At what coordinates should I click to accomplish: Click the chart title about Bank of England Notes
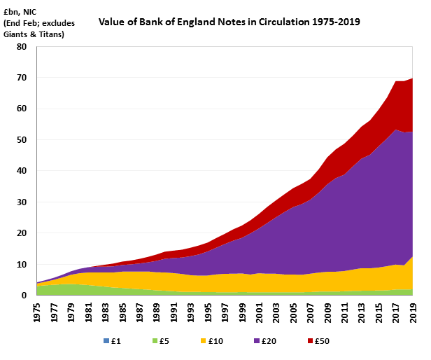click(229, 22)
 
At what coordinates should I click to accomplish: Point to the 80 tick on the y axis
click(22, 47)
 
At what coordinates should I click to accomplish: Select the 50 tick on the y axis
click(22, 140)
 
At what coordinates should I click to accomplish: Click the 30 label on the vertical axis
click(22, 202)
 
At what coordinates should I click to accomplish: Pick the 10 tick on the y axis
click(22, 264)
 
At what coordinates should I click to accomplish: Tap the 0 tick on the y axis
click(24, 295)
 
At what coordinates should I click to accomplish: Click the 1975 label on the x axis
click(36, 310)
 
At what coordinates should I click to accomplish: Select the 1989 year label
click(156, 310)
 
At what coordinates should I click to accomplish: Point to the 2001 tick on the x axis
click(259, 310)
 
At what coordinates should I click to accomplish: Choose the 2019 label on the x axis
click(413, 310)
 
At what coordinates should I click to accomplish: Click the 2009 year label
click(327, 310)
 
